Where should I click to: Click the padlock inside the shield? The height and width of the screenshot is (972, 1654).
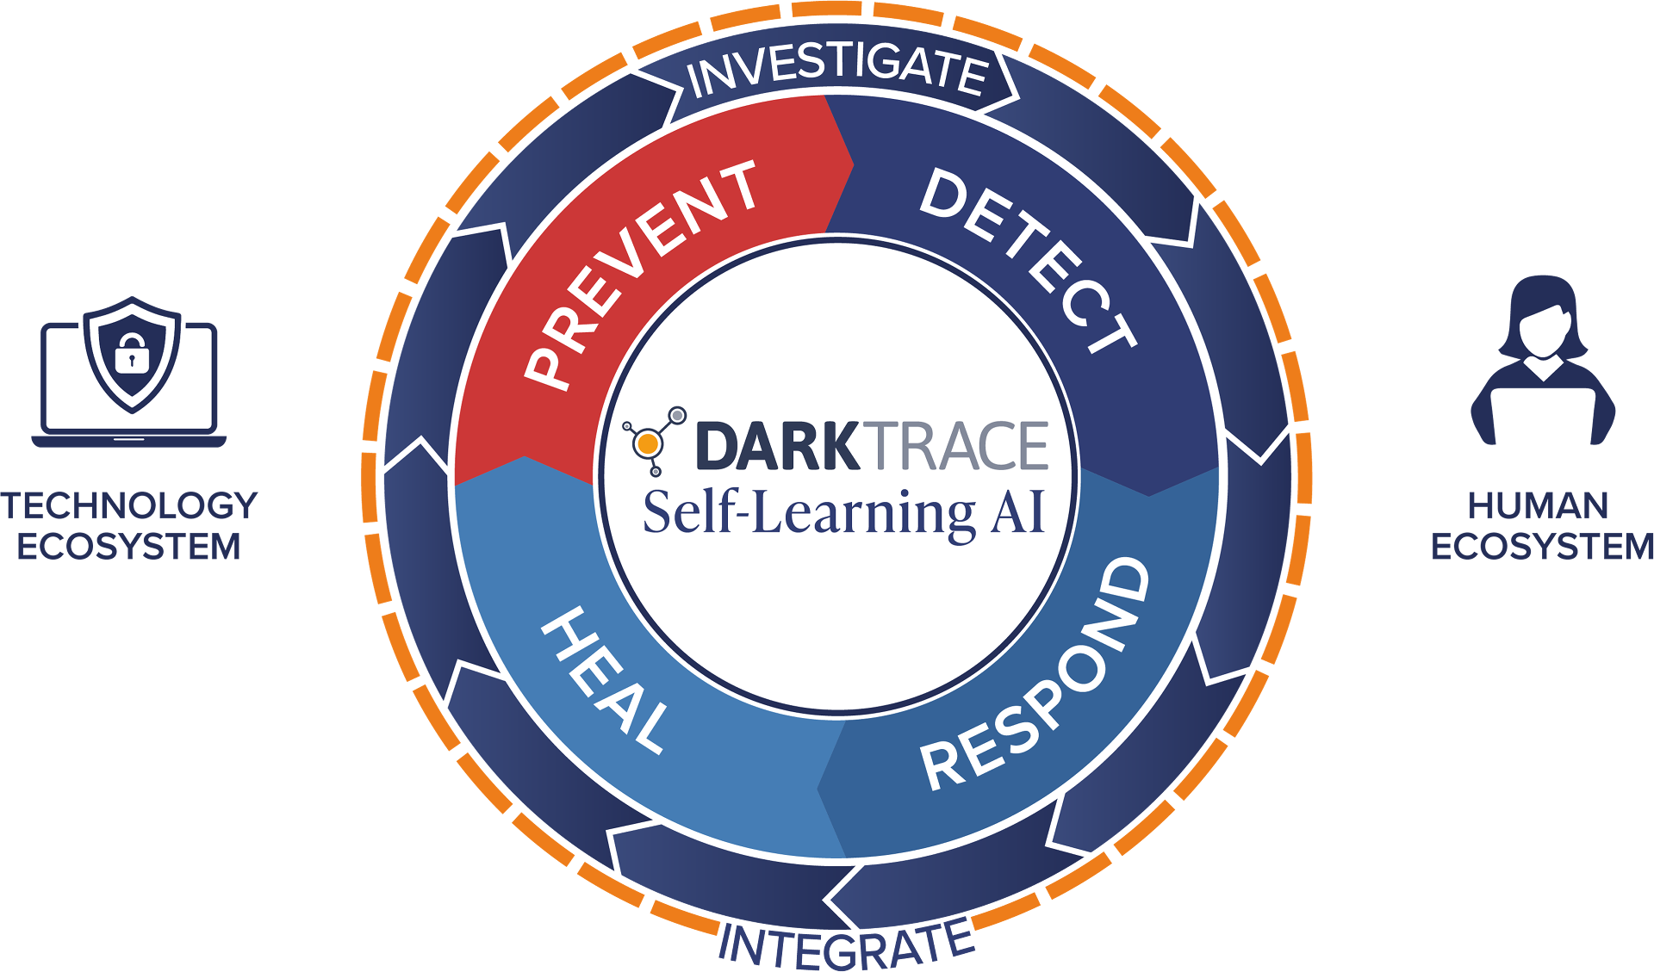[131, 353]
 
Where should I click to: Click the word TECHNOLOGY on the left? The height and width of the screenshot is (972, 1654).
[129, 505]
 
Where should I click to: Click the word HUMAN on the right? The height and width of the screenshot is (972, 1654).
[1538, 505]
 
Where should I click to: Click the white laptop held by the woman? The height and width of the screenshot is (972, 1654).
[1542, 419]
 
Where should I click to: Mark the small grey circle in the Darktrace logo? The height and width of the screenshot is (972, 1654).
[678, 415]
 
